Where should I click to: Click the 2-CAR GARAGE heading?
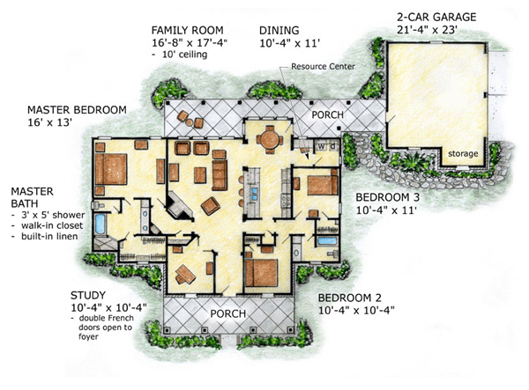pos(436,17)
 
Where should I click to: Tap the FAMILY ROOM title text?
pos(187,30)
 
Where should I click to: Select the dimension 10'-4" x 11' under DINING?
pos(289,43)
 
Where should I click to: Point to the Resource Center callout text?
pos(323,66)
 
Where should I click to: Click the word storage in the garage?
pos(463,153)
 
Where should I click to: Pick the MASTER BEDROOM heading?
pos(77,110)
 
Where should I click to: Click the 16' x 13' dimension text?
pos(50,122)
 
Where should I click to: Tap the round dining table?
pos(270,139)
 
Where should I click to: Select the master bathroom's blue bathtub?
pos(101,224)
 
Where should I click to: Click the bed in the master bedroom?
pos(111,169)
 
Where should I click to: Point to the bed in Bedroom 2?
pos(262,272)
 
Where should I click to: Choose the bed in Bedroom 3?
pos(323,186)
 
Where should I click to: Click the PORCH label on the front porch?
pos(228,314)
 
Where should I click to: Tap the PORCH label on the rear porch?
pos(327,114)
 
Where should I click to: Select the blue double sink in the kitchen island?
pos(255,195)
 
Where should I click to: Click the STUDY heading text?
pos(88,296)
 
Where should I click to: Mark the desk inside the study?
pos(185,274)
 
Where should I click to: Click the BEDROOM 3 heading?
pos(387,197)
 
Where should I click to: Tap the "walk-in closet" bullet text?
pos(52,225)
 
